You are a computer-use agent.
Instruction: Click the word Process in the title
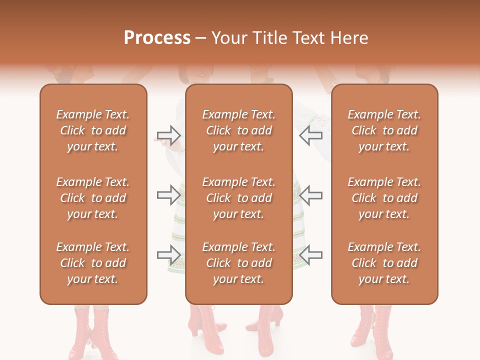pos(157,38)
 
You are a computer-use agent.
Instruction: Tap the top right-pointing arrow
pos(168,135)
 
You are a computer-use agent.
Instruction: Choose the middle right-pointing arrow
pos(168,194)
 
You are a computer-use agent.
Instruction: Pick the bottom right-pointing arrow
pos(168,255)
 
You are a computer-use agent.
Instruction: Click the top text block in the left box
pos(93,130)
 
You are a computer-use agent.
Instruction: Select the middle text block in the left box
pos(93,198)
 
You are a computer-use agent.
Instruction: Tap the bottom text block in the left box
pos(93,263)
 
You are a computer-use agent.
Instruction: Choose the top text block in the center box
pos(238,130)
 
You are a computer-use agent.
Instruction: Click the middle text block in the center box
pos(238,198)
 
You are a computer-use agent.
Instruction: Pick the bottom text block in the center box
pos(238,263)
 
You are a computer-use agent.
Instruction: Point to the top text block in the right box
pos(384,130)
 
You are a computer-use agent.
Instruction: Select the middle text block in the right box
pos(384,198)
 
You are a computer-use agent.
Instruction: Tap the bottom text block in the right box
pos(384,263)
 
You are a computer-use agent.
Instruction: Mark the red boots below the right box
pos(375,330)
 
